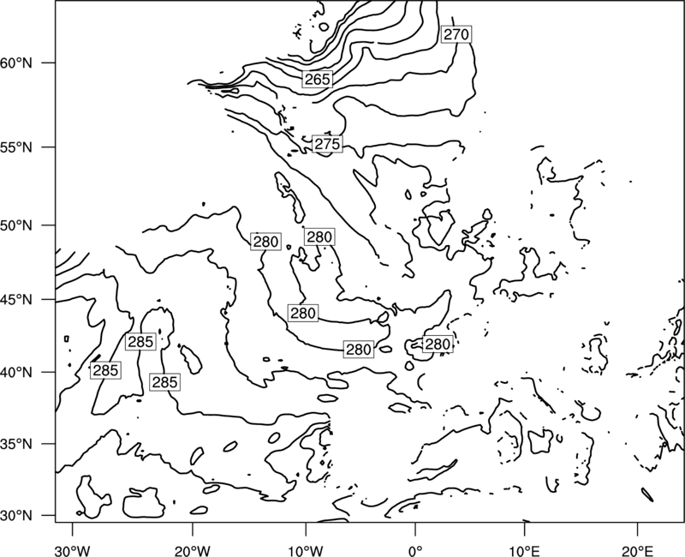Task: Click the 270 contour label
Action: pos(456,34)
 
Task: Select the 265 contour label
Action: pos(318,79)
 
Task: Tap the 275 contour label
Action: pos(327,144)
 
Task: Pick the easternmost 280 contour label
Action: pos(438,344)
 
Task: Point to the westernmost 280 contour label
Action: pos(265,242)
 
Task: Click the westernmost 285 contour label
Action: pos(105,370)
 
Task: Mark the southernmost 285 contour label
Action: pos(164,382)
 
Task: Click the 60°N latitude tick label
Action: pos(16,63)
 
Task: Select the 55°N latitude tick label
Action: pos(16,147)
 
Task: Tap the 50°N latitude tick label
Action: pos(16,225)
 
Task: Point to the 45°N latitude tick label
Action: pos(16,300)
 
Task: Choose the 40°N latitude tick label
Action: pos(16,373)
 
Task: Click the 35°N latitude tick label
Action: pos(16,444)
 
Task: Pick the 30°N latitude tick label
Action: pos(16,516)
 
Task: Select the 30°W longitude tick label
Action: pos(72,550)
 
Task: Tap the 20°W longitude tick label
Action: pos(193,550)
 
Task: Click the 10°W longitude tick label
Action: pos(306,550)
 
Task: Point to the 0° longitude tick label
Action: pos(414,550)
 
